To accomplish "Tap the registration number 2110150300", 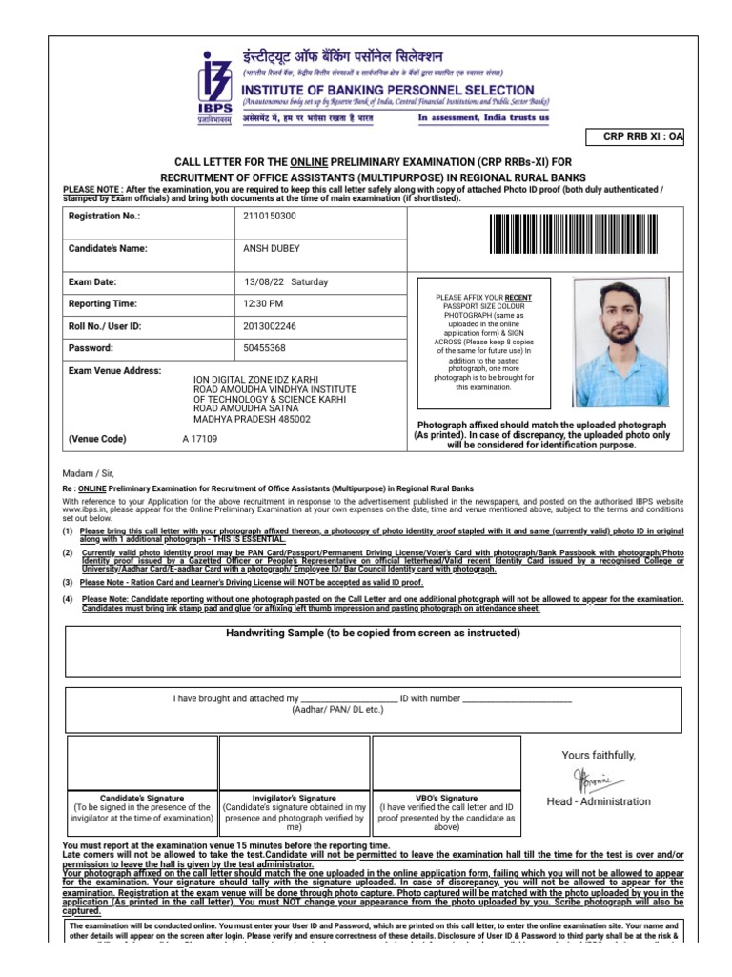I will tap(270, 217).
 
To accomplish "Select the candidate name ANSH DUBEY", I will tap(272, 248).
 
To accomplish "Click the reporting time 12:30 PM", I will tap(264, 304).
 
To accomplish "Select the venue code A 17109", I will tap(200, 440).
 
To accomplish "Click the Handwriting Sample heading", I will tap(373, 633).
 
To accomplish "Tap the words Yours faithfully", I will tap(598, 756).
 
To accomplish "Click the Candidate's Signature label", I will tap(142, 798).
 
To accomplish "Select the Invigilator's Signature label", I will tap(294, 798).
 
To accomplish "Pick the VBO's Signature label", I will tap(447, 798).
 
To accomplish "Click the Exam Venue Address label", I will tap(115, 370).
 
